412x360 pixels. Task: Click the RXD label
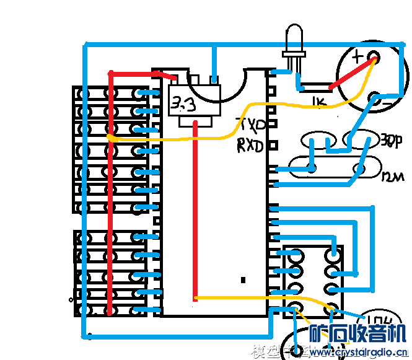click(x=250, y=146)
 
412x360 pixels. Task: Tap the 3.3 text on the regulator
click(x=183, y=104)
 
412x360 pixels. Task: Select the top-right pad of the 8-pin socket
click(x=335, y=253)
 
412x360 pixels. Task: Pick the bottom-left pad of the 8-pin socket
click(x=294, y=306)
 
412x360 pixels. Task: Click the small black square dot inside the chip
click(x=243, y=279)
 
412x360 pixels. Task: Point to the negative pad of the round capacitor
click(x=374, y=97)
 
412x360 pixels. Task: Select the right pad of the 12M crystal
click(x=359, y=168)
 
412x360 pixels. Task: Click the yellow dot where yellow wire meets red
click(x=110, y=136)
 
